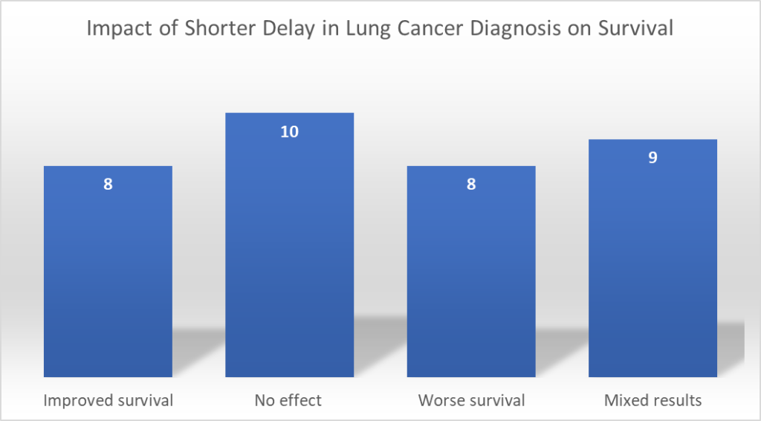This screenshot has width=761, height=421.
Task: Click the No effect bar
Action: point(289,245)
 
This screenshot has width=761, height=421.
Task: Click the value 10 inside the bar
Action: point(289,132)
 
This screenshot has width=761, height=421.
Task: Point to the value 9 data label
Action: point(652,158)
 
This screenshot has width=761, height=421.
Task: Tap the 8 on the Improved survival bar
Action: point(108,184)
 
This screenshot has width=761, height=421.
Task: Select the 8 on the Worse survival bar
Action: point(471,184)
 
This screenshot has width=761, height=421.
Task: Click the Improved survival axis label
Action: point(109,400)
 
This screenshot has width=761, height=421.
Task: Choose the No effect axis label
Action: point(289,400)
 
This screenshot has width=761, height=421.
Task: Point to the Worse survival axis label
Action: point(471,400)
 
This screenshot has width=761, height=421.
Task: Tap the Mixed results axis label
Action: point(652,400)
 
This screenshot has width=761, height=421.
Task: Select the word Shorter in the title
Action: point(201,29)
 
